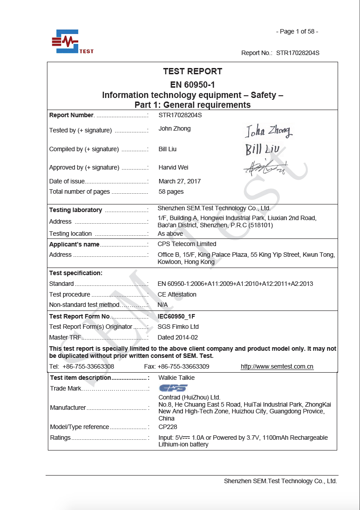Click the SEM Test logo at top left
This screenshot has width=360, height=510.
71,42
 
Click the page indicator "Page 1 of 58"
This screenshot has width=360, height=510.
297,31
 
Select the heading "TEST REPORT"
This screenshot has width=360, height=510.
192,71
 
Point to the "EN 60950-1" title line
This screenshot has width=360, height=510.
192,85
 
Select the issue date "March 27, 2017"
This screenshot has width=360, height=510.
180,181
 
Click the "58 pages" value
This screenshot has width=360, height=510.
171,191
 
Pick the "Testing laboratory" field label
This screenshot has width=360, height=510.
76,210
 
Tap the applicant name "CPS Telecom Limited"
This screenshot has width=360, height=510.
187,244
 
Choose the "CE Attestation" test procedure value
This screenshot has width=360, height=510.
177,294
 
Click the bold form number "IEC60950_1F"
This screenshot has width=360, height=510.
177,316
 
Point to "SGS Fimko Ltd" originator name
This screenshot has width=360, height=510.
178,327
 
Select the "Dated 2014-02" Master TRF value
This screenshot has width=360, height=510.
178,337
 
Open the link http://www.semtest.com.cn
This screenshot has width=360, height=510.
277,366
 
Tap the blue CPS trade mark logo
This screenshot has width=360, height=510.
173,388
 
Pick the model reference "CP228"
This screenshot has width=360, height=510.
168,427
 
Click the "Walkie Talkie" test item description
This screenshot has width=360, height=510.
177,378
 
